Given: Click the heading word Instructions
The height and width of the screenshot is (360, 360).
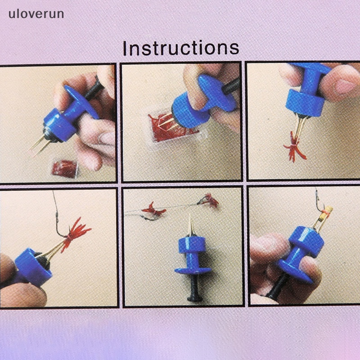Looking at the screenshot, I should [180, 48].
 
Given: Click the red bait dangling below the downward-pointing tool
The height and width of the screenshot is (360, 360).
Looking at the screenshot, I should [295, 151].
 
